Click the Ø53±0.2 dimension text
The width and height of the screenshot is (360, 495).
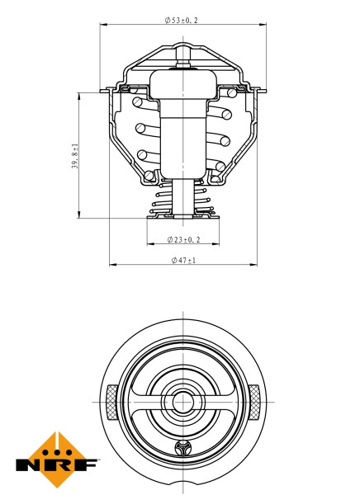[183, 19]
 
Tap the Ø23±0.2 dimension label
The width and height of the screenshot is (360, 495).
[183, 239]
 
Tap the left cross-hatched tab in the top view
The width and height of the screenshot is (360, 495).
[111, 402]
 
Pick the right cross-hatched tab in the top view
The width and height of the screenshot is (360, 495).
[255, 402]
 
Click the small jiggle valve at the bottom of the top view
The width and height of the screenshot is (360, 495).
[183, 449]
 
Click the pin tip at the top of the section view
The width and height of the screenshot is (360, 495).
[183, 49]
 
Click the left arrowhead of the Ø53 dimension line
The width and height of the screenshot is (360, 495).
[104, 26]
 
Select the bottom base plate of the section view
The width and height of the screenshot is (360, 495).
[183, 219]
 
